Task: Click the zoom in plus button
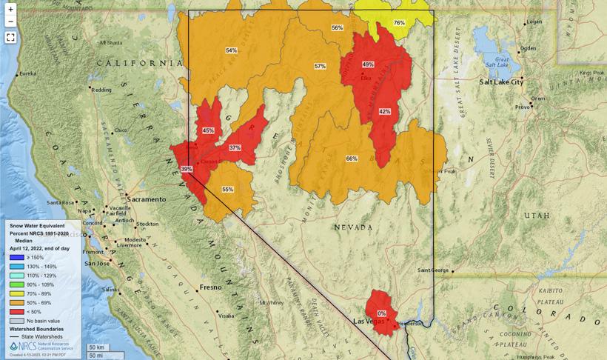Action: click(10, 10)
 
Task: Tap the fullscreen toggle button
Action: click(10, 37)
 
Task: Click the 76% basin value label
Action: click(399, 23)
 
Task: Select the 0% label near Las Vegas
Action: click(382, 313)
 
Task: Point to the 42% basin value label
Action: click(384, 111)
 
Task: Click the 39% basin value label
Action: click(187, 169)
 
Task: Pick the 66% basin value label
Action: click(352, 159)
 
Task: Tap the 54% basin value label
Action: click(232, 50)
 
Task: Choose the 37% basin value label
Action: click(235, 148)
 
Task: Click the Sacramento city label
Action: click(146, 199)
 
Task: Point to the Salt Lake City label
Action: click(501, 82)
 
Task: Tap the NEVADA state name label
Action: click(353, 227)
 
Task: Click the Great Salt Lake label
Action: click(502, 62)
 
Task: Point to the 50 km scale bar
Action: click(96, 347)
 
